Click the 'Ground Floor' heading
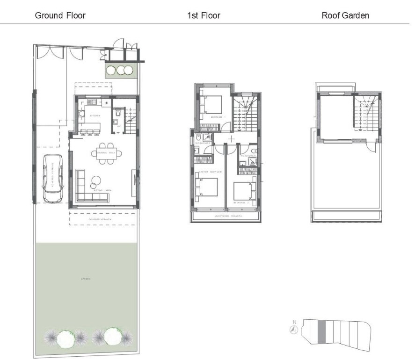(60, 15)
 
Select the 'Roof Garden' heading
(345, 15)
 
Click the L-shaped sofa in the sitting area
(89, 190)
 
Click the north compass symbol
(294, 330)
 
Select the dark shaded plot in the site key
(321, 332)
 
